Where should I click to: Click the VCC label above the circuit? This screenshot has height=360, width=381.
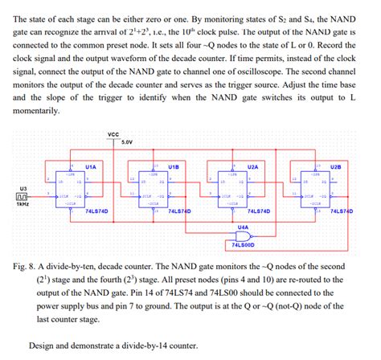pos(112,134)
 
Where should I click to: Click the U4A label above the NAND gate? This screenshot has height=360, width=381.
pos(243,227)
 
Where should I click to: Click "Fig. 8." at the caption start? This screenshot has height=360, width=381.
pos(30,262)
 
